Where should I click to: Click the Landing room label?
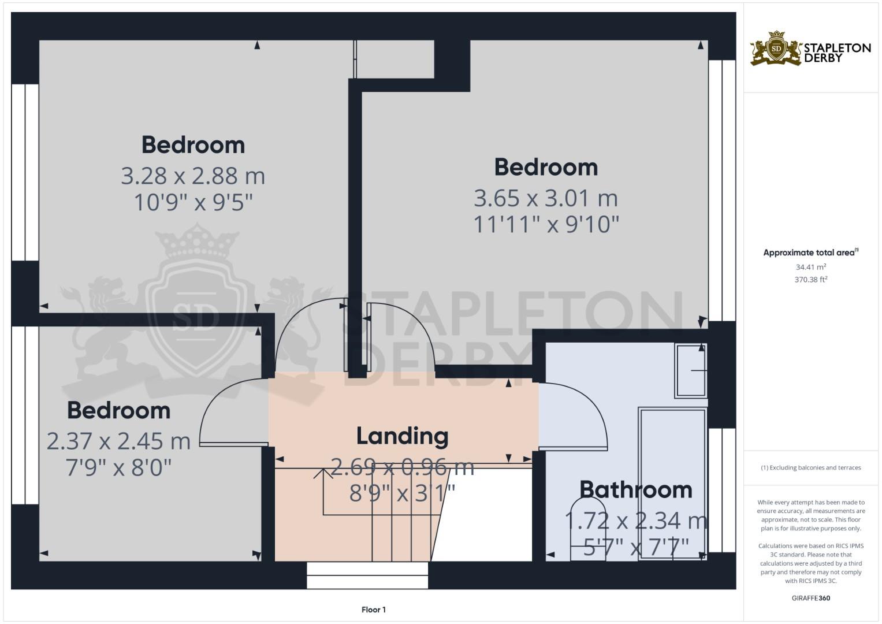pyautogui.click(x=402, y=436)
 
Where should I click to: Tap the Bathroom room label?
pyautogui.click(x=635, y=490)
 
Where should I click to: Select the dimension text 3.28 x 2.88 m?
pyautogui.click(x=193, y=176)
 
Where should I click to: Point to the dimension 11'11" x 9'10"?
pyautogui.click(x=546, y=225)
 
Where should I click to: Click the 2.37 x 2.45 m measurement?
pyautogui.click(x=118, y=441)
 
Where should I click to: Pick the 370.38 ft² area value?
pyautogui.click(x=811, y=280)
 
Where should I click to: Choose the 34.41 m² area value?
pyautogui.click(x=811, y=267)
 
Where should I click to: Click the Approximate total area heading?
pyautogui.click(x=811, y=252)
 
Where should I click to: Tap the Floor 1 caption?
pyautogui.click(x=374, y=610)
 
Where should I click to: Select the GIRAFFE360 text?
pyautogui.click(x=811, y=598)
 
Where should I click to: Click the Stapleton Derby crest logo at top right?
pyautogui.click(x=775, y=49)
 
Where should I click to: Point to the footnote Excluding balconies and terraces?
pyautogui.click(x=811, y=467)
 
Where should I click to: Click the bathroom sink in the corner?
pyautogui.click(x=691, y=371)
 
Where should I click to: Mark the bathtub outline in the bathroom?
pyautogui.click(x=672, y=484)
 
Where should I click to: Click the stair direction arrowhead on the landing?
pyautogui.click(x=323, y=473)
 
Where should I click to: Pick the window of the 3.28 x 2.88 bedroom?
pyautogui.click(x=25, y=172)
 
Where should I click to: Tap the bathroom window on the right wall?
pyautogui.click(x=722, y=490)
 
